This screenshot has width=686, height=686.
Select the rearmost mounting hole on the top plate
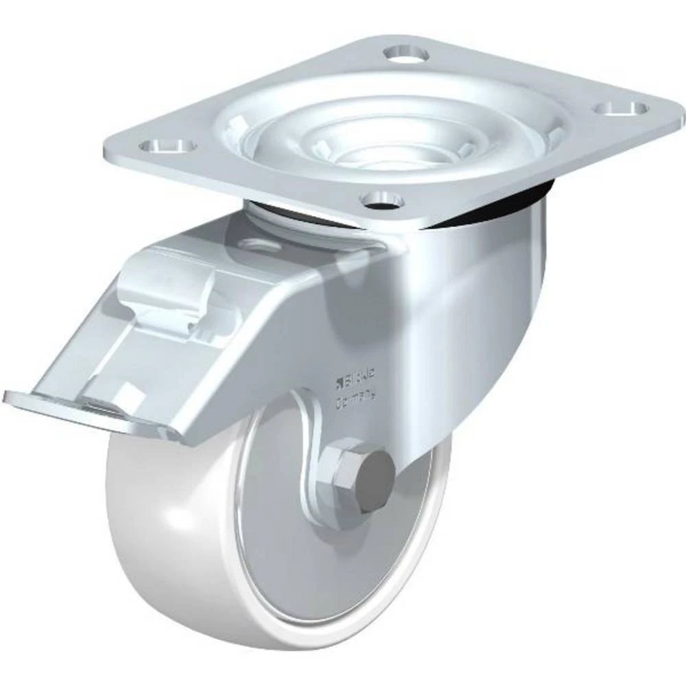405,53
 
